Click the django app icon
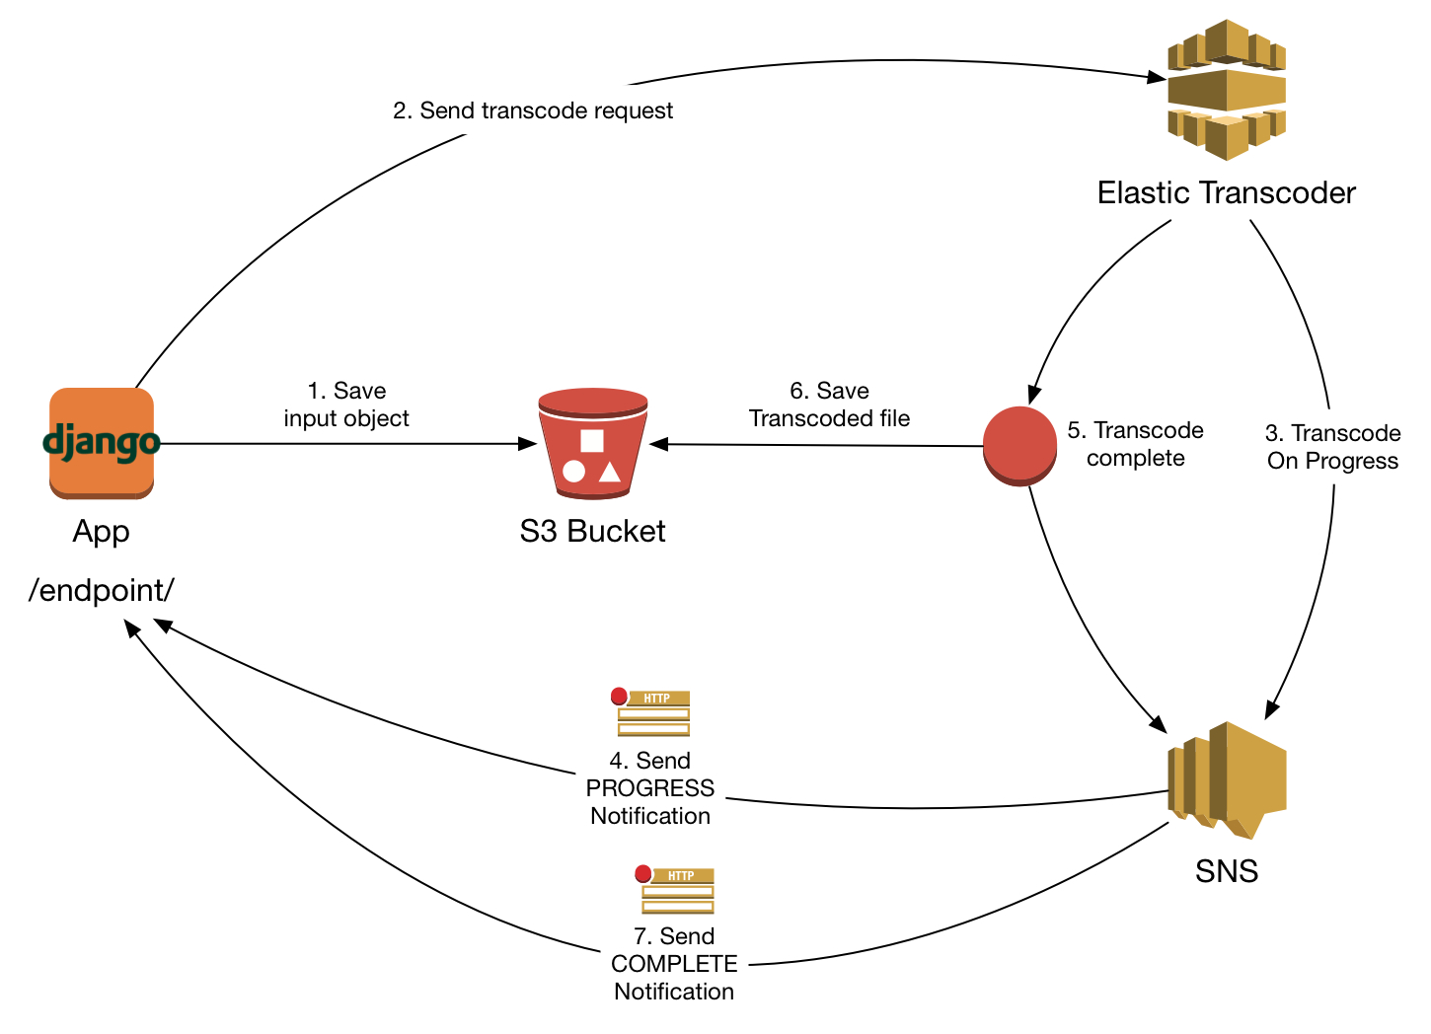102,443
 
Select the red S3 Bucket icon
592,443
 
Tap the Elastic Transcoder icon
1226,90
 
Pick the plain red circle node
1019,446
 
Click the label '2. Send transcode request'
533,111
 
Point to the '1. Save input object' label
346,405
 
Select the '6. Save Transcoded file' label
829,405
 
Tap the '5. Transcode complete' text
1135,444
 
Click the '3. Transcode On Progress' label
1332,447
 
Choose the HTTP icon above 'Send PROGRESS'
651,712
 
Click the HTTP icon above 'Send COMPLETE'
675,890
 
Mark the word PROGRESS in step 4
649,788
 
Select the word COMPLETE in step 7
674,964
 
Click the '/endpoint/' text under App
102,590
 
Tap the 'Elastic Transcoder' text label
1226,192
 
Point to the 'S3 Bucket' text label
592,531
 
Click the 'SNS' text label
1226,871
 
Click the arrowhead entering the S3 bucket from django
528,444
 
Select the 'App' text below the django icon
101,531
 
